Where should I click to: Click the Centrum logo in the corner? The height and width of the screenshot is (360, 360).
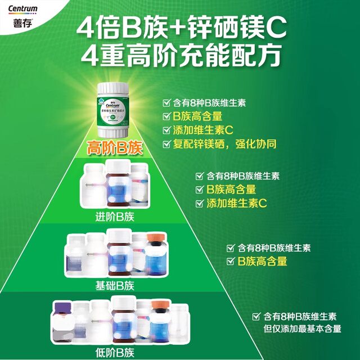[x=20, y=8]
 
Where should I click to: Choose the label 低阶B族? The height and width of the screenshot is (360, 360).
[x=115, y=353]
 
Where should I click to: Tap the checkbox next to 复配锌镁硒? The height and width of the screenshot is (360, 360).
[x=166, y=144]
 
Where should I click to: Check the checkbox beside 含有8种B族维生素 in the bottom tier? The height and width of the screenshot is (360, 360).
[x=256, y=317]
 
